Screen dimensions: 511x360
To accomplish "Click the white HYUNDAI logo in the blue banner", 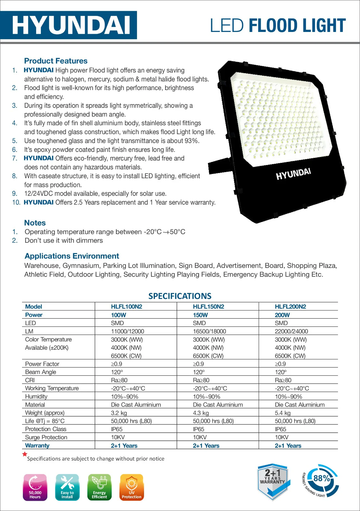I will point(71,25).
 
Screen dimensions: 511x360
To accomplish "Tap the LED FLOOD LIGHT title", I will point(278,26).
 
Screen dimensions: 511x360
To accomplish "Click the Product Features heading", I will point(56,61).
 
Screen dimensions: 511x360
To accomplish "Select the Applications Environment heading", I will point(72,256).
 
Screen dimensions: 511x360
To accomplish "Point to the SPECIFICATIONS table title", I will point(180,296).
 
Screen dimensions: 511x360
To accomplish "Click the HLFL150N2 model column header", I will point(208,307).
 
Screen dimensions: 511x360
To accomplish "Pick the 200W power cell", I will point(282,315).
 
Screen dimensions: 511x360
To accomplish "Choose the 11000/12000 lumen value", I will point(127,331).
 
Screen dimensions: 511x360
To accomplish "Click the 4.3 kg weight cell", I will point(201,413).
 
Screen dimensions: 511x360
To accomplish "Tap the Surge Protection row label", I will point(46,437).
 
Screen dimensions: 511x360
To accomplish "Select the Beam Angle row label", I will point(41,372).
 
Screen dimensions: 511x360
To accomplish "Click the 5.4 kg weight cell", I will point(283,413).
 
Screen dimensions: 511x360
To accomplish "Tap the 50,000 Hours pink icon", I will point(35,487).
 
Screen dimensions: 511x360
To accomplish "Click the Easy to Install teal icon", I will point(67,487).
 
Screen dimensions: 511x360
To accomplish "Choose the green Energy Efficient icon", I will point(99,487).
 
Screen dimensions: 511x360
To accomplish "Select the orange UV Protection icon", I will point(132,487).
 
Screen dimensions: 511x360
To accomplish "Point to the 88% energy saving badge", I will point(321,481).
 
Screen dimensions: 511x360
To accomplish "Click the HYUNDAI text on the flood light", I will point(293,174).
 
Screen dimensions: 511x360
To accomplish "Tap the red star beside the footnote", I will point(25,454).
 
